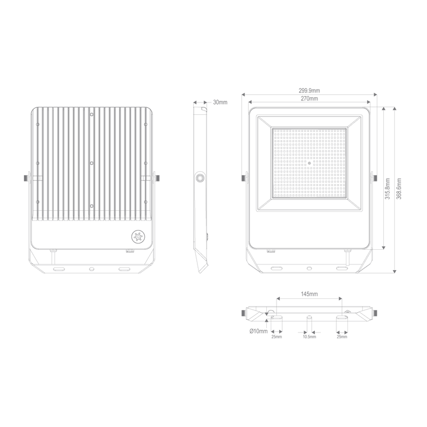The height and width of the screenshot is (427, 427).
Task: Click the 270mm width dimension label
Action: coord(310,100)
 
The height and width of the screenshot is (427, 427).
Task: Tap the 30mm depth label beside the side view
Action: coord(219,102)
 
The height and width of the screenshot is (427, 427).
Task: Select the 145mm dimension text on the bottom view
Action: coord(309,294)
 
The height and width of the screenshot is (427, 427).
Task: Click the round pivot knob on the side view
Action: coord(200,179)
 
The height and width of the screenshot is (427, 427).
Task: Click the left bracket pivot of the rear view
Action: coord(26,177)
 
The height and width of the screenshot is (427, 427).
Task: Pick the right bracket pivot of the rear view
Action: coord(155,177)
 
